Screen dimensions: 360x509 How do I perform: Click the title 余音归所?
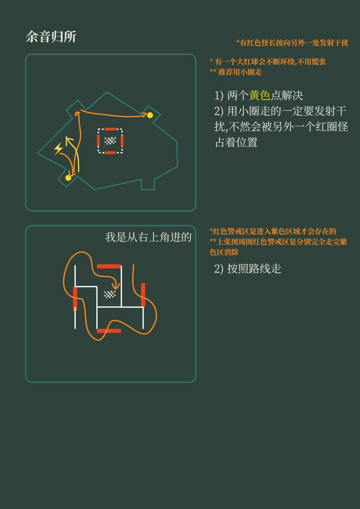pos(51,37)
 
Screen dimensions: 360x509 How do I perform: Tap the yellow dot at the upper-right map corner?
pos(150,115)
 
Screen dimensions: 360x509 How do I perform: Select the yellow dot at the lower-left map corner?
pos(68,178)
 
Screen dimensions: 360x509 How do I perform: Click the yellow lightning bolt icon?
pos(58,149)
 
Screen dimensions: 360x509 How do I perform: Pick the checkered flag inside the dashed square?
pos(110,141)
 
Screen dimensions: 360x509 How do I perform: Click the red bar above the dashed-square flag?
pos(110,129)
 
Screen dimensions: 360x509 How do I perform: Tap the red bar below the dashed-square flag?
pos(110,153)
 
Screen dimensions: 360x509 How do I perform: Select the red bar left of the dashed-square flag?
pos(98,141)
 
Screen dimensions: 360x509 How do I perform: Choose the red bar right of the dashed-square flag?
pos(122,141)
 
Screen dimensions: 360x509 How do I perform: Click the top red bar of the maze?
pos(109,266)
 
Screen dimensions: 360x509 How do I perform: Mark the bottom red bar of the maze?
pos(109,331)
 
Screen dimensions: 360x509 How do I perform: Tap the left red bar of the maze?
pos(75,299)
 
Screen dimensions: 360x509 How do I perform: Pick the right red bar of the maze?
pos(143,295)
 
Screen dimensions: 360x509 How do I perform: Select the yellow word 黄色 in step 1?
pos(260,95)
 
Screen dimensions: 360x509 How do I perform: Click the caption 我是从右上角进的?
pos(148,237)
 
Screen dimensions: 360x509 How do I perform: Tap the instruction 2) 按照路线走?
pos(247,269)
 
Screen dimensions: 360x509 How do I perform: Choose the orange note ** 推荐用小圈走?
pos(235,72)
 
